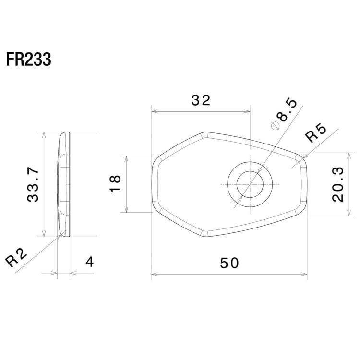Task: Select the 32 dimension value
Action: click(201, 100)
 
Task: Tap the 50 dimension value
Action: click(229, 263)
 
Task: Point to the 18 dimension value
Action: click(116, 184)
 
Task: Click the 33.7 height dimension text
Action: click(33, 185)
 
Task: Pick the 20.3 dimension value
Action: click(337, 184)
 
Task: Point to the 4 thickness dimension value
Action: click(89, 263)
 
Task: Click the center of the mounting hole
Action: click(250, 184)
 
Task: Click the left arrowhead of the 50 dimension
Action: click(154, 275)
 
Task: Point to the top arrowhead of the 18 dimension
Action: click(126, 158)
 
